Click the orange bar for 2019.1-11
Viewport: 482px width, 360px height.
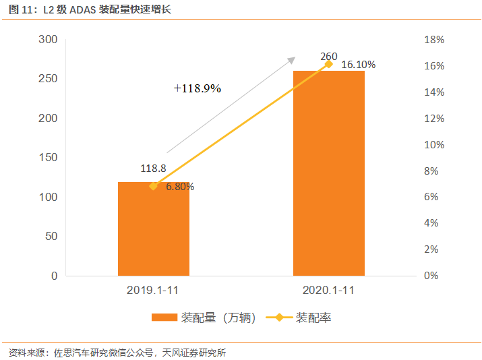click(154, 229)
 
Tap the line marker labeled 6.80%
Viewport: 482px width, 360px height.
click(154, 186)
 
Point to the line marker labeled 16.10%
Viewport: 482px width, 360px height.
click(329, 64)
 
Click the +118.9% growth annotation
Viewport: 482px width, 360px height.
click(197, 88)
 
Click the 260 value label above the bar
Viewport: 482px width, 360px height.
click(329, 56)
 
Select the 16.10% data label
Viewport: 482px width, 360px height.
click(358, 65)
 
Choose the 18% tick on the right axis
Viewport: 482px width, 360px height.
click(433, 40)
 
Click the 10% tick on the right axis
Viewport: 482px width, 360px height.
click(433, 145)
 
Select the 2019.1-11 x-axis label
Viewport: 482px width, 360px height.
click(154, 291)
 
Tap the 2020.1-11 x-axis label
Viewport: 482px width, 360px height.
click(328, 291)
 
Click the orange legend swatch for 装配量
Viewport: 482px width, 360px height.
click(164, 318)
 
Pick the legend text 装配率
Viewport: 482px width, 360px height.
click(313, 318)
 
